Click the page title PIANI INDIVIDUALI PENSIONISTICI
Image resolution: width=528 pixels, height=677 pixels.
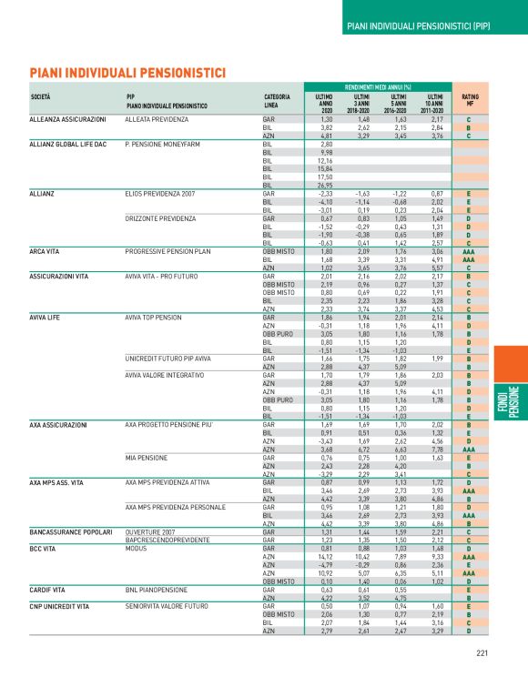point(127,71)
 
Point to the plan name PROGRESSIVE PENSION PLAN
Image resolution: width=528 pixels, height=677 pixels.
point(171,250)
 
